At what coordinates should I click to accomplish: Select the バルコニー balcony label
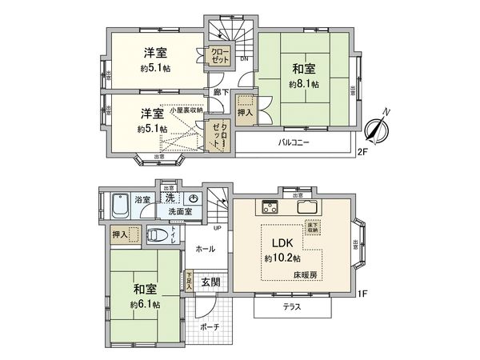point(294,143)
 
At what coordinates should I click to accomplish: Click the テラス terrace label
point(293,306)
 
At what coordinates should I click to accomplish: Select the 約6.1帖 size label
point(145,304)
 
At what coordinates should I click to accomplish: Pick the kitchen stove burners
point(267,208)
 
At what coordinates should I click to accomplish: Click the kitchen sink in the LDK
point(308,207)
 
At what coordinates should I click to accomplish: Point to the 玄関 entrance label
point(210,282)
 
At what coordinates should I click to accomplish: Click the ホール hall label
point(205,250)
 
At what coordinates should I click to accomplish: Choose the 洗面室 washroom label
point(181,212)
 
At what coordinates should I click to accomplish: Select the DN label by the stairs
point(243,59)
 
